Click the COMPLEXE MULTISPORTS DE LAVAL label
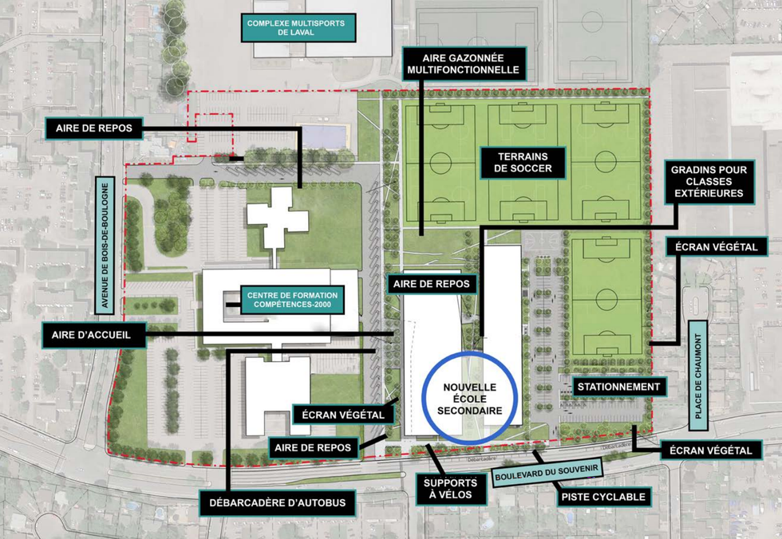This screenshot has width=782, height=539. [296, 29]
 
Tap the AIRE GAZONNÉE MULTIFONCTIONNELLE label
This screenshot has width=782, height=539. [464, 63]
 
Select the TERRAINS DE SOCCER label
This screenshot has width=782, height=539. [523, 163]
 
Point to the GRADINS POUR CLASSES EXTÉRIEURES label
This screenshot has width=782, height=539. [707, 182]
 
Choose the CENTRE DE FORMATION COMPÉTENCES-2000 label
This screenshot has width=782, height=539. [292, 300]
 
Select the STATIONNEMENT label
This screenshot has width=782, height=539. [619, 388]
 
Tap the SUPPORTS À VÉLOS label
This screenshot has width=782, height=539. [450, 489]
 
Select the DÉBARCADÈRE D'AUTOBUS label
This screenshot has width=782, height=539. [277, 502]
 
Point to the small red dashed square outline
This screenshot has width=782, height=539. [209, 128]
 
